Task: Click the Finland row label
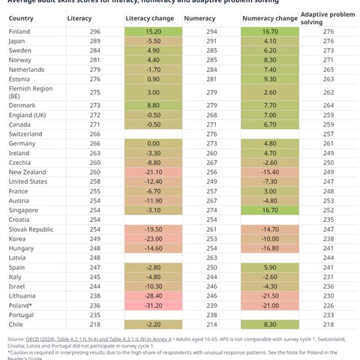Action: pyautogui.click(x=19, y=31)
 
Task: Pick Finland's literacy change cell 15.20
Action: pyautogui.click(x=152, y=31)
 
